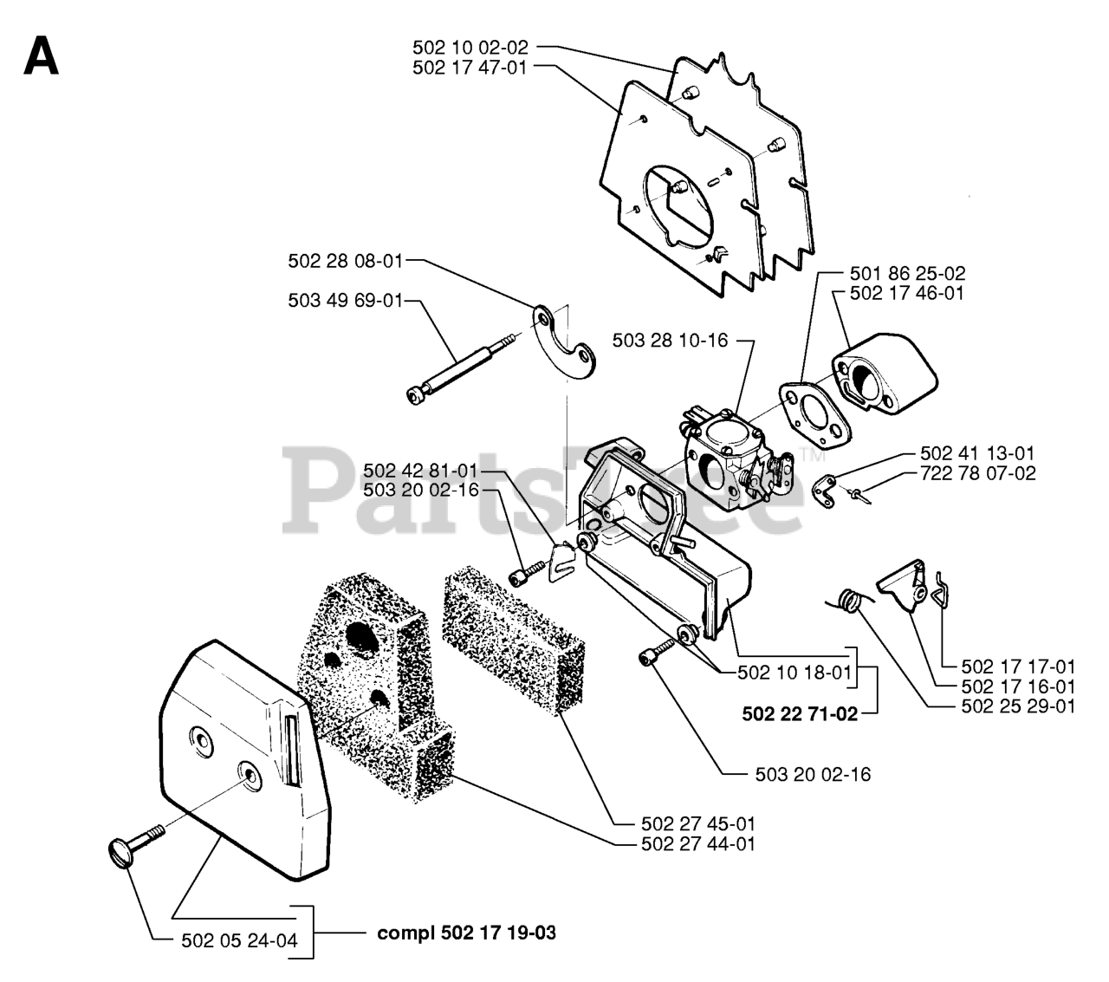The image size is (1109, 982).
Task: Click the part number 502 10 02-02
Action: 470,48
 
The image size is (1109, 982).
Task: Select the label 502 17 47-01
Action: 470,67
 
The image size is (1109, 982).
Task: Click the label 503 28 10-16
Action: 671,340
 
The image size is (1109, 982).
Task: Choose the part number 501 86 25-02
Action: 907,274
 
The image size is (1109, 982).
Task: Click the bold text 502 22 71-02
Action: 800,714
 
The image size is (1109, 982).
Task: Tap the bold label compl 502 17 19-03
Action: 467,933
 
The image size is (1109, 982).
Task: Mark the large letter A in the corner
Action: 41,56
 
